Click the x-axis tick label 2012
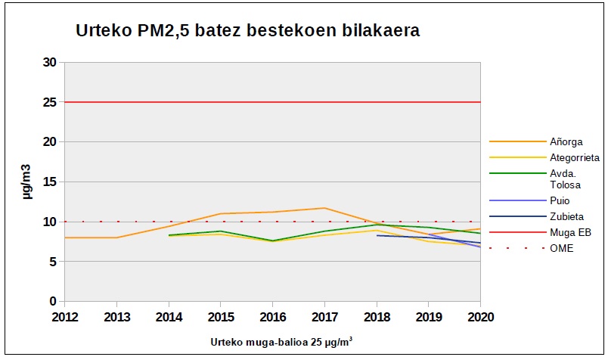[x=64, y=315]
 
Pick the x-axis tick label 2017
[x=324, y=315]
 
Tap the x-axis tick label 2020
[x=480, y=315]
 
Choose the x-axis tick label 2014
[x=169, y=315]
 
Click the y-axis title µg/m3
[x=26, y=182]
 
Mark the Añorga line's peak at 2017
[x=324, y=208]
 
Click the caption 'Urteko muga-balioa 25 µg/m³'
[x=281, y=342]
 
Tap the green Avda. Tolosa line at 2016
[x=272, y=241]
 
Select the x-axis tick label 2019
[x=429, y=315]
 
